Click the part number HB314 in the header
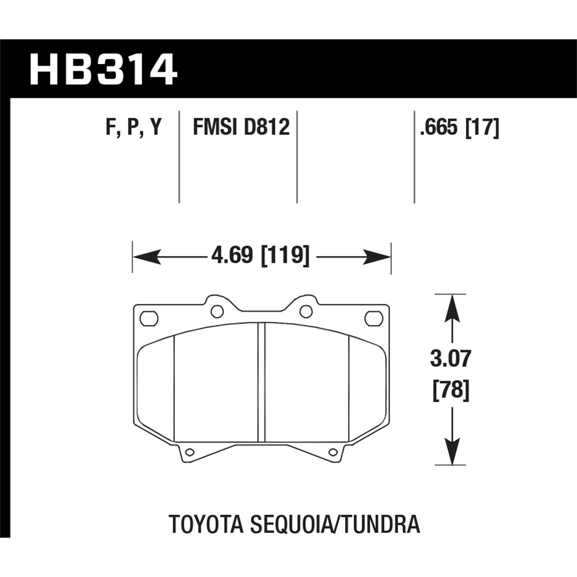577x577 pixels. coord(103,70)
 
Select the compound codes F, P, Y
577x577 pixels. coord(133,127)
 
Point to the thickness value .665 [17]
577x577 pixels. coord(459,127)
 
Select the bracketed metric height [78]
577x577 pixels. coord(451,391)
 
